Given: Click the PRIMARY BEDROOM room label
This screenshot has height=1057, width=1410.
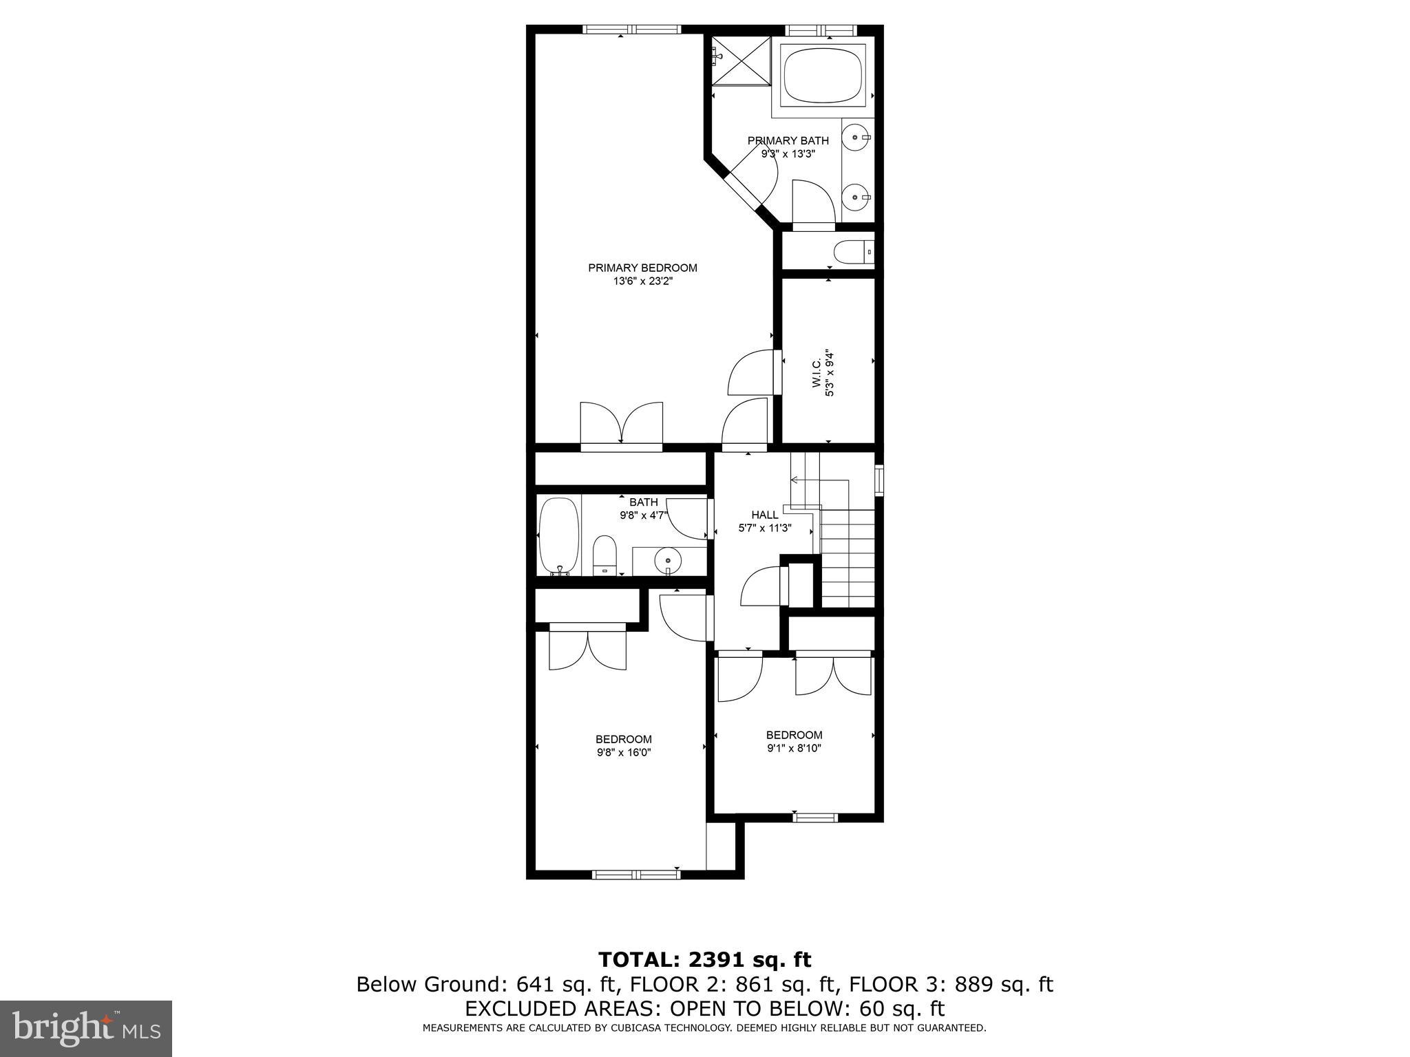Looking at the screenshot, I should [642, 268].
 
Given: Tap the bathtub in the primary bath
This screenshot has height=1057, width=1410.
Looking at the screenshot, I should [823, 76].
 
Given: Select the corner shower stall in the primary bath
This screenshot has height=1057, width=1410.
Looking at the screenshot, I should [741, 61].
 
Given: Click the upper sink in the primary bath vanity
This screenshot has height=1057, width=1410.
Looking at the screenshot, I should [856, 138].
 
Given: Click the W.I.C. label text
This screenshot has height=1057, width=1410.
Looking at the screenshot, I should [817, 374].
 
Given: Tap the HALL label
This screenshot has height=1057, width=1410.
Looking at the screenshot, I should [764, 515].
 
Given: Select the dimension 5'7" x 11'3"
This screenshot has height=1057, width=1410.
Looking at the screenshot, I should [764, 528].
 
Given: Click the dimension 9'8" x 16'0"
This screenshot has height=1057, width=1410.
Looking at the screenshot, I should [623, 753].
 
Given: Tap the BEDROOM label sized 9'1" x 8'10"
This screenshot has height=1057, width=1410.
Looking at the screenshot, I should [794, 735].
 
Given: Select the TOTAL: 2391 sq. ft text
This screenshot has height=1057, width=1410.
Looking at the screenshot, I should [704, 959].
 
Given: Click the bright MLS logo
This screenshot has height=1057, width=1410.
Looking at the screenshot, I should [85, 1029].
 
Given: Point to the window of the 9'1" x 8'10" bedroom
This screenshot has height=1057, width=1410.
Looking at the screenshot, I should [815, 818].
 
